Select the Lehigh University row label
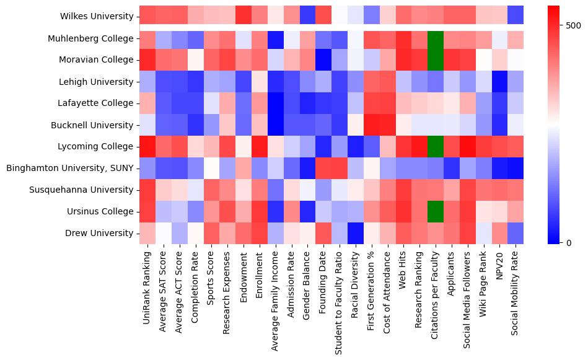pos(99,82)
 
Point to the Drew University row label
pos(99,234)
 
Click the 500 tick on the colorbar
pos(574,25)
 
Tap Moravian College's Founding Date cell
pos(323,60)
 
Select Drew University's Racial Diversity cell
pos(355,234)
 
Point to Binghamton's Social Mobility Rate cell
pos(516,169)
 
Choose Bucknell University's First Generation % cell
pos(371,125)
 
